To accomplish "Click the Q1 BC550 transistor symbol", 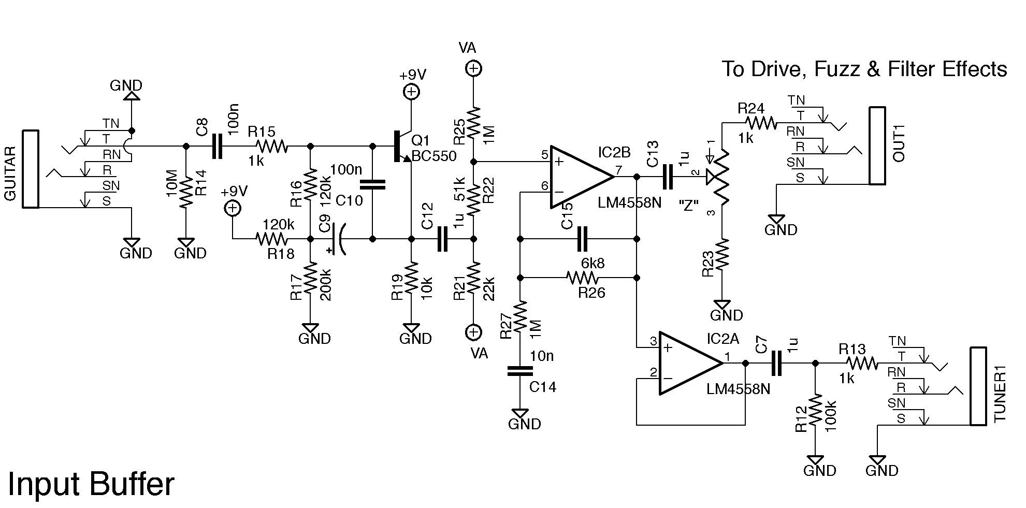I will [401, 147].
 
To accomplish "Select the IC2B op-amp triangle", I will [580, 177].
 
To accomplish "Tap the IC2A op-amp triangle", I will [689, 363].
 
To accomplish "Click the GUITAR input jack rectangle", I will [31, 169].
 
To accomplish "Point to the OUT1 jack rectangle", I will [877, 146].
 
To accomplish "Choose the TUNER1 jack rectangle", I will [978, 386].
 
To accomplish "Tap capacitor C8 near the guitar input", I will [217, 147].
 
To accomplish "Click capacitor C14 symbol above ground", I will [520, 371].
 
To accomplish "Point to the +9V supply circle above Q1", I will [411, 92].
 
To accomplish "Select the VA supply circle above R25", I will [473, 68].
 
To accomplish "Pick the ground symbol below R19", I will [412, 328].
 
